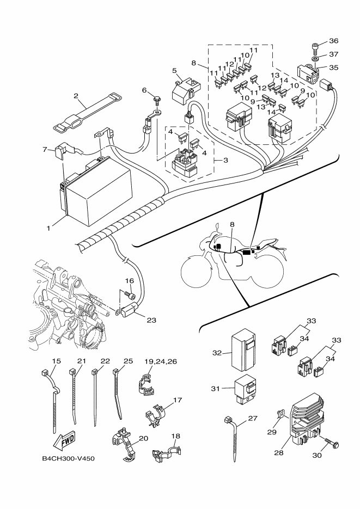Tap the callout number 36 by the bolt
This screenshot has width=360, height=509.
tap(333, 40)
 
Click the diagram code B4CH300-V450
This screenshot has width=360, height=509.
tap(68, 458)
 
